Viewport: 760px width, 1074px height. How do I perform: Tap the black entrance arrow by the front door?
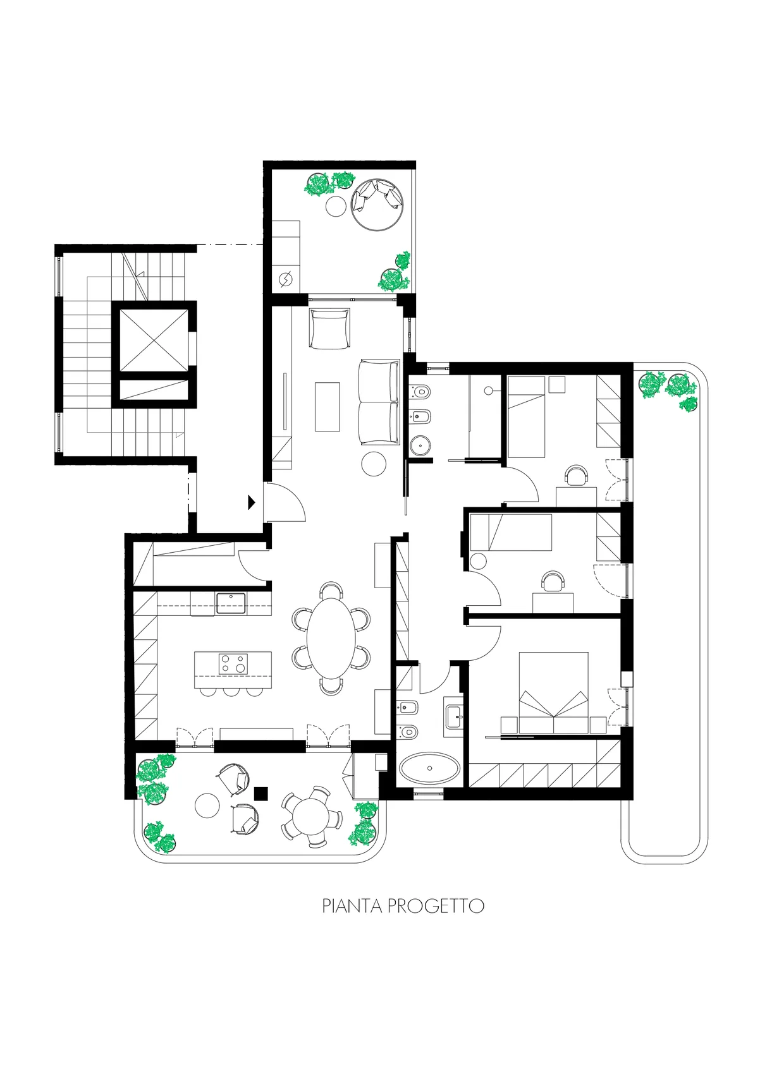(x=251, y=502)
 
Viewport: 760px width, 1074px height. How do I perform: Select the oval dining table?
(x=331, y=639)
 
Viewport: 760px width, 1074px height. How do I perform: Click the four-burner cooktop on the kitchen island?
(x=233, y=664)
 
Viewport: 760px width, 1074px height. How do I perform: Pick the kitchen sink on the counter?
(x=231, y=603)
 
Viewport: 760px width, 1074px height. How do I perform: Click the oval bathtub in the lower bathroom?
(x=429, y=769)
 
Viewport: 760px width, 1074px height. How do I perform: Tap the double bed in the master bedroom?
(x=554, y=692)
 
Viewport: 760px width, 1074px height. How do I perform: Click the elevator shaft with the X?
(x=154, y=341)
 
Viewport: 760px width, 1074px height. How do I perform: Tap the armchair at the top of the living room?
(x=329, y=329)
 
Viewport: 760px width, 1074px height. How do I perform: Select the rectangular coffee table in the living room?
(x=328, y=407)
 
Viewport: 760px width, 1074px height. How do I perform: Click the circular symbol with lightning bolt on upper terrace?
(x=286, y=279)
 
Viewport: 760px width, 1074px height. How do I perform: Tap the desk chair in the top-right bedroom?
(x=576, y=476)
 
